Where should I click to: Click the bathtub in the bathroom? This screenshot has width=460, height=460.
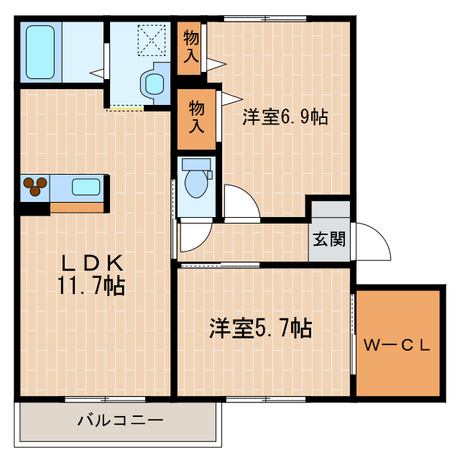(x=40, y=52)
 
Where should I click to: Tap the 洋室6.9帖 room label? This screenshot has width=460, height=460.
(x=285, y=117)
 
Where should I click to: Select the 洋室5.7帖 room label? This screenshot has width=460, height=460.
(x=260, y=329)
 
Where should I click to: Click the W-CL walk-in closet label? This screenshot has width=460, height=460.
(x=396, y=346)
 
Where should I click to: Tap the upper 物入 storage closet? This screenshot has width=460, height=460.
(x=190, y=47)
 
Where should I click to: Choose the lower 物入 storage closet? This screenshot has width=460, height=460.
(x=196, y=117)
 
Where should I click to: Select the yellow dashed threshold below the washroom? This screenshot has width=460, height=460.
(x=125, y=109)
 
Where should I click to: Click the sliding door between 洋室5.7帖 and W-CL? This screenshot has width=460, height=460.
(x=353, y=338)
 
